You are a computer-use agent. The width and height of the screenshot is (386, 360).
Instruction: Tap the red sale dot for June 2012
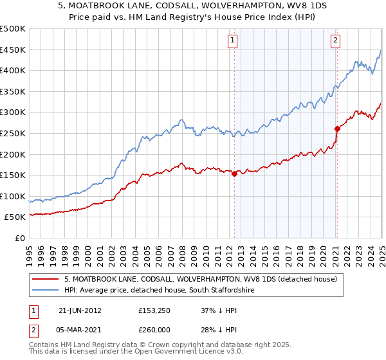234,174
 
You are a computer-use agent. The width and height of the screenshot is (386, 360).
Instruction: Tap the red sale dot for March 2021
336,129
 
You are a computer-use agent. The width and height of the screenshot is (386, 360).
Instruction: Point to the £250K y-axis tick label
13,133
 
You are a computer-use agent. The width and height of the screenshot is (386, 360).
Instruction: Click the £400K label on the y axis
13,71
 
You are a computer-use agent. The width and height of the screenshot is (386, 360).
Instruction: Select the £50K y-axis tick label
15,217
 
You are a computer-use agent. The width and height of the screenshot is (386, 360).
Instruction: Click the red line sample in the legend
46,279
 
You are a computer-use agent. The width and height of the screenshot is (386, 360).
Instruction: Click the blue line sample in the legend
46,290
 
